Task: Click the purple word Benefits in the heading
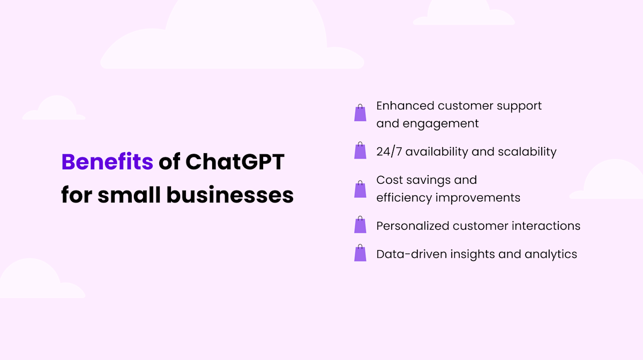[107, 162]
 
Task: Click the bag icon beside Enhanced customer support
[360, 113]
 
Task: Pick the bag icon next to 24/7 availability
[360, 151]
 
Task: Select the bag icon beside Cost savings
[360, 189]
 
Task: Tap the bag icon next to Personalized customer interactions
[360, 226]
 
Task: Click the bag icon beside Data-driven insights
[360, 253]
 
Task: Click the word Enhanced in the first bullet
[405, 106]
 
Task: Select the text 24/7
[389, 152]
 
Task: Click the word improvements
[478, 198]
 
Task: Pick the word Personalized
[413, 226]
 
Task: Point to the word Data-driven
[408, 254]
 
